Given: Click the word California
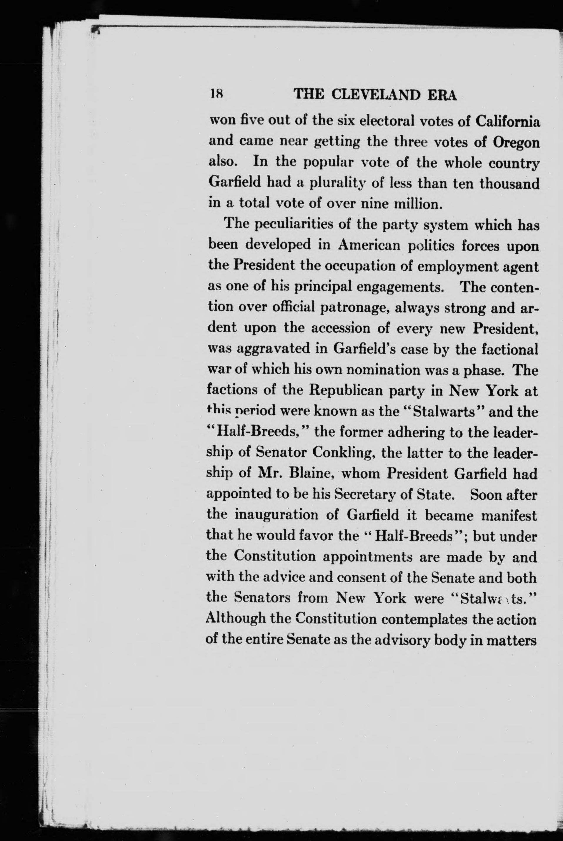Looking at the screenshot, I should click(x=507, y=122).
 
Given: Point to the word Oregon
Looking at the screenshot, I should click(x=516, y=143).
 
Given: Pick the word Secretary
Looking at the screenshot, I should click(x=364, y=495).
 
